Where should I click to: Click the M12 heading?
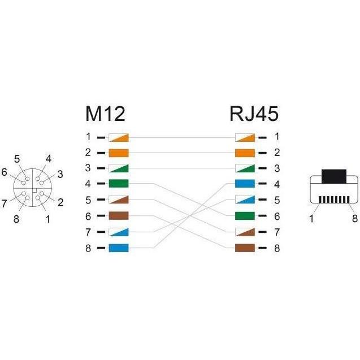coord(105,114)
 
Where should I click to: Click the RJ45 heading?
coord(254,114)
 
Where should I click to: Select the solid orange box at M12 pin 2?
coord(119,153)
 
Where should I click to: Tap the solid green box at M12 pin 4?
coord(119,184)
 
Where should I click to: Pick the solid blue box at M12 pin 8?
coord(119,248)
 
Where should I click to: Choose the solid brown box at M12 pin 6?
coord(119,216)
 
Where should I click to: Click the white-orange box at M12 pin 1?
coord(119,137)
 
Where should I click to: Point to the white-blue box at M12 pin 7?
coord(119,232)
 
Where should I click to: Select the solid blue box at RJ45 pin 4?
coord(245,184)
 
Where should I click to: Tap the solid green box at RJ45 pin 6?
coord(245,216)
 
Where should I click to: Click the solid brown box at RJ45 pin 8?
coord(245,248)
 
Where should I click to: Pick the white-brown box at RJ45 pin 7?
coord(245,232)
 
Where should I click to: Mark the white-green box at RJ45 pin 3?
coord(245,168)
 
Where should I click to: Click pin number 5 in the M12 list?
coord(88,200)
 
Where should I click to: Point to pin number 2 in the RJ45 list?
coord(277,153)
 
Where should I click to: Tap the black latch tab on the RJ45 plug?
coord(334,176)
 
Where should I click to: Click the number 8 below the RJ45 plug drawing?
coord(355,218)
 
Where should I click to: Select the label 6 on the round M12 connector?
coord(4,172)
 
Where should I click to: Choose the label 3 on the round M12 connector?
coord(60,174)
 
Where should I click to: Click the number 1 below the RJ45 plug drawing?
coord(311,219)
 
